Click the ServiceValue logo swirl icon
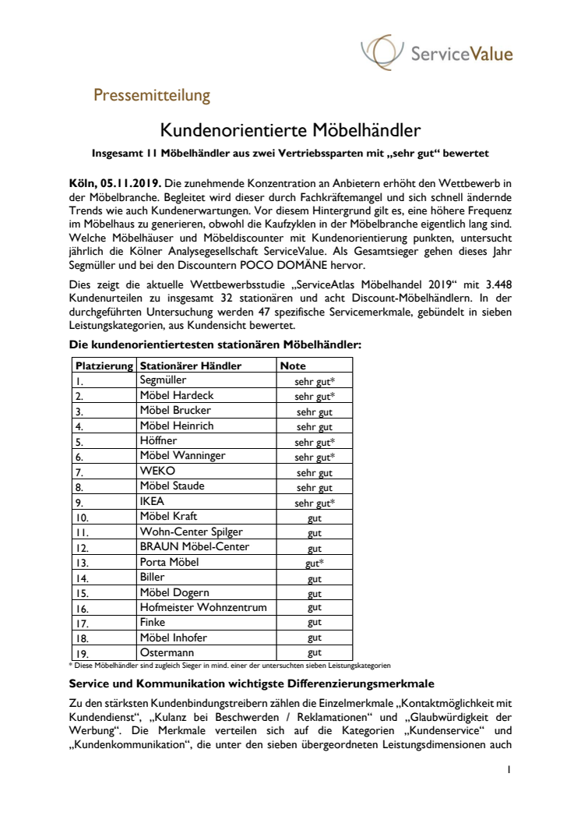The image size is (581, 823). [x=381, y=53]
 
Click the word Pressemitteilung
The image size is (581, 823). [x=152, y=96]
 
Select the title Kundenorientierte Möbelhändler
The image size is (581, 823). [x=291, y=127]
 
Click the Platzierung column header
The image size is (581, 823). [x=104, y=366]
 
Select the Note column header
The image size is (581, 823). [x=293, y=366]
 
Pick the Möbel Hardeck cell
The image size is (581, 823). [x=176, y=396]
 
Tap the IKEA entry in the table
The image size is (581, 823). [x=152, y=501]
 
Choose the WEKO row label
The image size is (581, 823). [x=157, y=472]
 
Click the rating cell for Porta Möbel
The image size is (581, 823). [x=315, y=563]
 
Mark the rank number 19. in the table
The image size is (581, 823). [x=83, y=652]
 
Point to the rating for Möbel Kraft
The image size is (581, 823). [x=315, y=517]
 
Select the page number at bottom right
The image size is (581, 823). [x=508, y=769]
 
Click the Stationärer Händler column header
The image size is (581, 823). [x=191, y=366]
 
